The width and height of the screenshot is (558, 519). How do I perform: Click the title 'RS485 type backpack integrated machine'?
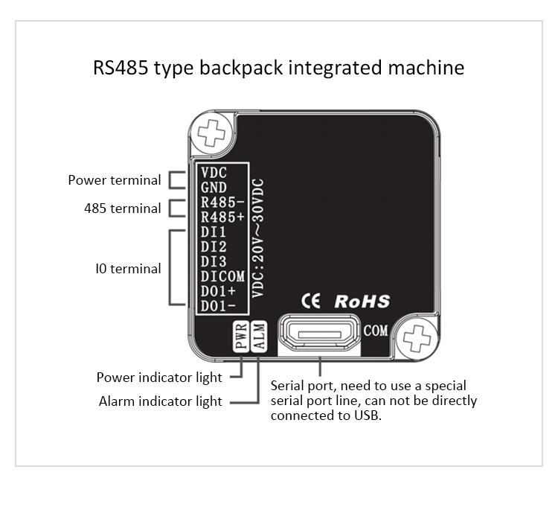pyautogui.click(x=279, y=68)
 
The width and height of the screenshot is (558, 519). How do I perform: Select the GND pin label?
pyautogui.click(x=214, y=188)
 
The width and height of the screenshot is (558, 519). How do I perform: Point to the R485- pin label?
pyautogui.click(x=222, y=203)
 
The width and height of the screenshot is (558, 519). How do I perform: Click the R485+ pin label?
pyautogui.click(x=222, y=217)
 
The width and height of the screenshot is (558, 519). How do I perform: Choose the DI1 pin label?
pyautogui.click(x=214, y=232)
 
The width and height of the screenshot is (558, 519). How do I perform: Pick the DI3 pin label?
pyautogui.click(x=214, y=261)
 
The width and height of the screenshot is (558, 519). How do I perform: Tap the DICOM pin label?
pyautogui.click(x=222, y=276)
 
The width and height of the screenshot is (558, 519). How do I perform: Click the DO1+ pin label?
pyautogui.click(x=219, y=290)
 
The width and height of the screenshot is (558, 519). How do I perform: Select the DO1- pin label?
pyautogui.click(x=219, y=305)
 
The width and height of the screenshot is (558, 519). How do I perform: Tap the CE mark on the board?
pyautogui.click(x=310, y=301)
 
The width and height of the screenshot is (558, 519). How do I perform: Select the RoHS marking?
pyautogui.click(x=362, y=301)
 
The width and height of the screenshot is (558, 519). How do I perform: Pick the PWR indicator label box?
pyautogui.click(x=241, y=337)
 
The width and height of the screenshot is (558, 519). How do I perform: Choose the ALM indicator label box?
pyautogui.click(x=258, y=337)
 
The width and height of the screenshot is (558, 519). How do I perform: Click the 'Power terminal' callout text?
pyautogui.click(x=115, y=180)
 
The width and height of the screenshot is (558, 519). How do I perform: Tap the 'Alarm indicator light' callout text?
pyautogui.click(x=161, y=401)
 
